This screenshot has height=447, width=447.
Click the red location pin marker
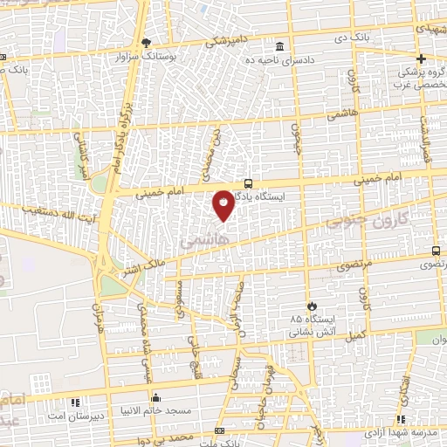pyautogui.click(x=223, y=204)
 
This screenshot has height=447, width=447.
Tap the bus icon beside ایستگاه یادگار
pyautogui.click(x=249, y=183)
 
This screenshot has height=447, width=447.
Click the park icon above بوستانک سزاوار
pyautogui.click(x=147, y=42)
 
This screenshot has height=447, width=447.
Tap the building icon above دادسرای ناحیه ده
pyautogui.click(x=279, y=46)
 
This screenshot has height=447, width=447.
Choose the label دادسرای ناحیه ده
pyautogui.click(x=281, y=59)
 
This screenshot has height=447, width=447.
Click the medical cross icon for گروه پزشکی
pyautogui.click(x=421, y=59)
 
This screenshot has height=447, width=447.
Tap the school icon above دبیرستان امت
pyautogui.click(x=74, y=402)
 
